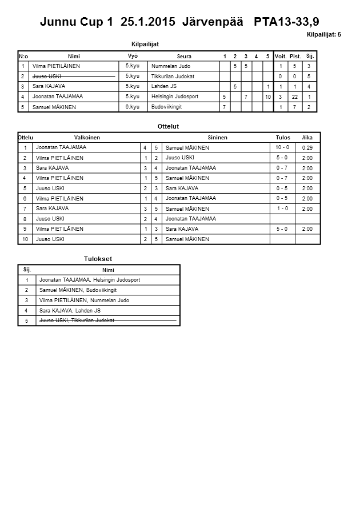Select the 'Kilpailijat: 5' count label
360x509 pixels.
point(324,35)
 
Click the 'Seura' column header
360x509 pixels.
point(184,57)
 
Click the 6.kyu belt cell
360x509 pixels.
point(133,107)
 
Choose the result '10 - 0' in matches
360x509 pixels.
point(282,147)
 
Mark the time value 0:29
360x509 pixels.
point(307,148)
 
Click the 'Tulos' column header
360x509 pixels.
point(283,138)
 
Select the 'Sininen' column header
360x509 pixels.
point(217,138)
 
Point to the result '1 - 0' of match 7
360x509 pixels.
point(282,209)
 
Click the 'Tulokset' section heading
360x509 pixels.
point(98,259)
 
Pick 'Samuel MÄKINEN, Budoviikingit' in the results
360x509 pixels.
point(74,290)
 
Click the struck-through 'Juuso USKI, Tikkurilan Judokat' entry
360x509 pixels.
point(77,320)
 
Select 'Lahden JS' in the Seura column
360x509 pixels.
point(164,86)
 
